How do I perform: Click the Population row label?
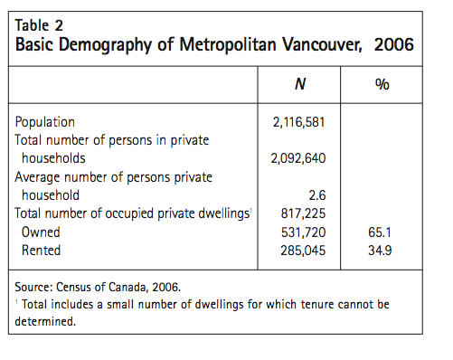click(46, 122)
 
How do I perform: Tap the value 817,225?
click(299, 213)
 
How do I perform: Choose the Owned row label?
click(42, 231)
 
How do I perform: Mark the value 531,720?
click(299, 231)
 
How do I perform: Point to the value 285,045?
click(299, 249)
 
